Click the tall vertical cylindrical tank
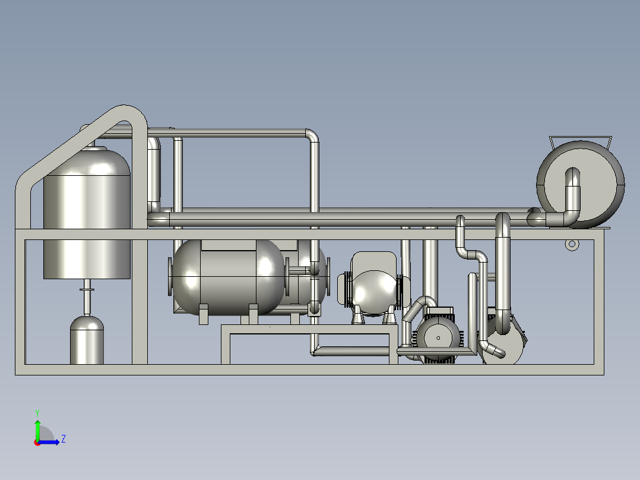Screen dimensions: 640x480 [x=87, y=213]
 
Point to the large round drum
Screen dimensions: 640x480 [x=581, y=185]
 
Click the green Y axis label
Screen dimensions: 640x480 [x=37, y=413]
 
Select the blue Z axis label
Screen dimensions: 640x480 [x=64, y=439]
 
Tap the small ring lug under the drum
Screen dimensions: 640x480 [x=572, y=244]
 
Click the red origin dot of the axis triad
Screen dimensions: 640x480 [x=37, y=443]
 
